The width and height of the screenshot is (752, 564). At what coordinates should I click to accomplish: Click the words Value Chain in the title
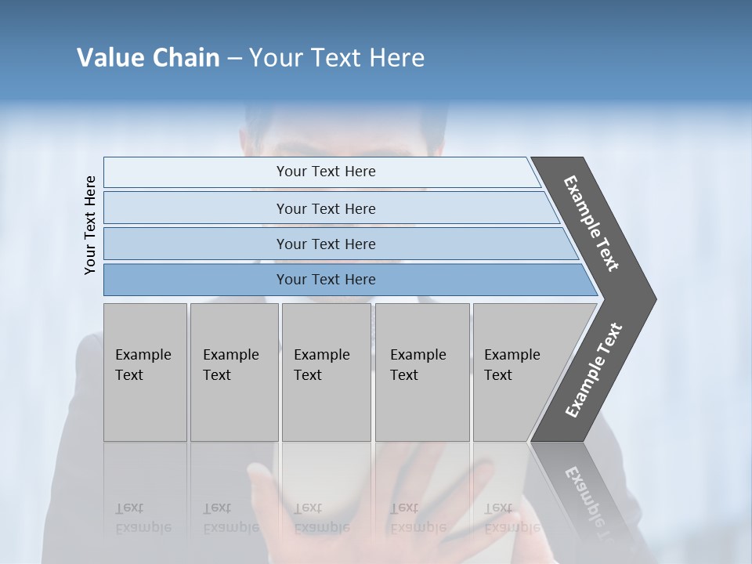[x=148, y=58]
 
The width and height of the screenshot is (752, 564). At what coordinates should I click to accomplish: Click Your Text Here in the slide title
[x=337, y=58]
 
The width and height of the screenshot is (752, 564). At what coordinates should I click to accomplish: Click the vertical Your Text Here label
[x=90, y=225]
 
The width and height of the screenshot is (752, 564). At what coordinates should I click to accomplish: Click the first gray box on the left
[x=145, y=372]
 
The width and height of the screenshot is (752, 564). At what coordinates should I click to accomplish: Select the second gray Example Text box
[x=234, y=372]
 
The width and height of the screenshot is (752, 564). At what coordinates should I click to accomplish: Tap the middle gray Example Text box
[x=326, y=372]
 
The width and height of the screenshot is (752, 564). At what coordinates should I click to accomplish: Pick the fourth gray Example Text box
[x=422, y=372]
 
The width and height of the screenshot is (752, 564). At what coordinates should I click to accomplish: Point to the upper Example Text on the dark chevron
[x=591, y=223]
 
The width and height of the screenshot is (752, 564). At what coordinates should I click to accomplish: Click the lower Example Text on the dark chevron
[x=594, y=371]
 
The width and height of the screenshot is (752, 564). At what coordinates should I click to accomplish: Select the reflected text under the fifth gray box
[x=511, y=518]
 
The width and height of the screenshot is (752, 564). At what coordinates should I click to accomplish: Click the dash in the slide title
[x=234, y=59]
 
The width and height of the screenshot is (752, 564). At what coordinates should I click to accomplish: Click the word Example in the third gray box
[x=321, y=355]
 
